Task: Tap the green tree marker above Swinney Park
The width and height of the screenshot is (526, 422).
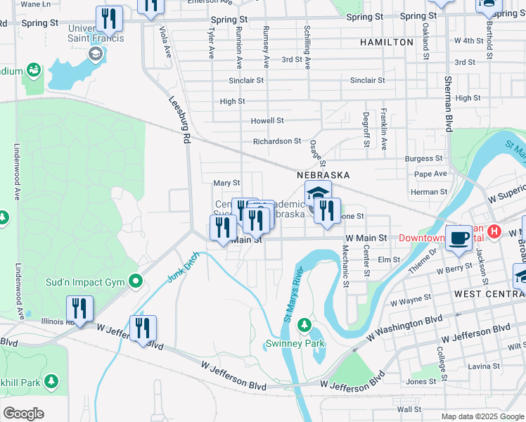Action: click(x=304, y=326)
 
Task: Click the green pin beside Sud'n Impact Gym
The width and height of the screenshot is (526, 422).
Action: click(x=137, y=283)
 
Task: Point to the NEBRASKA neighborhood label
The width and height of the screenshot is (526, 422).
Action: click(x=323, y=174)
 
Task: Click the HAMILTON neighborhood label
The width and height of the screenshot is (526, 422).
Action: click(x=387, y=42)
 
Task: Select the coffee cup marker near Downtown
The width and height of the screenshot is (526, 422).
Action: click(x=459, y=238)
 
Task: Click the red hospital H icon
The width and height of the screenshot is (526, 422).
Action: click(x=494, y=231)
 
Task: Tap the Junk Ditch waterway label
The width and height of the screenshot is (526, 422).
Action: click(x=183, y=267)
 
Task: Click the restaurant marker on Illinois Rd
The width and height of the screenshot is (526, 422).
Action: click(x=79, y=309)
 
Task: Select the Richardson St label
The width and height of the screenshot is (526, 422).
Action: click(x=277, y=141)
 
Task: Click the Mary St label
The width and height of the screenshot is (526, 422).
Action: click(x=226, y=183)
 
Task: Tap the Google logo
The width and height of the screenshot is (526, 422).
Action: click(x=23, y=414)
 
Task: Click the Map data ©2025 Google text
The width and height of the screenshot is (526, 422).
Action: click(x=482, y=416)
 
